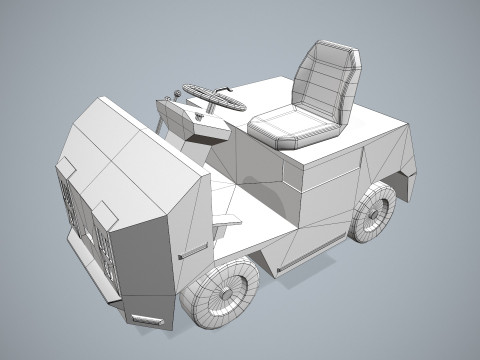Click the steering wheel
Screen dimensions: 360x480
[x=213, y=97]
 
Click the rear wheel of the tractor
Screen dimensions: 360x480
[x=374, y=213]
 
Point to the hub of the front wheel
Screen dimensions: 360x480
[x=230, y=293]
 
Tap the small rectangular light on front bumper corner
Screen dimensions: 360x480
[x=148, y=320]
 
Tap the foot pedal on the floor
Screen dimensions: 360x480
[x=228, y=217]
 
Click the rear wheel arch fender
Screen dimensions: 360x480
[x=400, y=180]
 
